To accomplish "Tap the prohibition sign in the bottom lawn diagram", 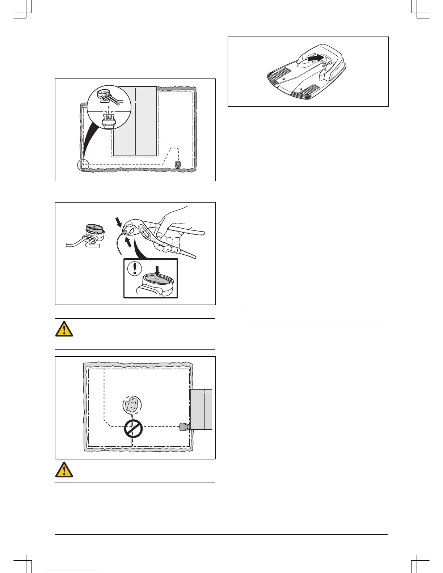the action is coord(133,429).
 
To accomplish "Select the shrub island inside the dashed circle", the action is coord(132,405).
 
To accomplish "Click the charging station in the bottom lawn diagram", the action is coord(184,426).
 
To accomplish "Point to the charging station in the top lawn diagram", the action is coord(178,165).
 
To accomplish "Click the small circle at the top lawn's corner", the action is coord(83,165).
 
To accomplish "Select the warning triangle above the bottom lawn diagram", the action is coord(64,328).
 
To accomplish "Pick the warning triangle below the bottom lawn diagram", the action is coord(64,470).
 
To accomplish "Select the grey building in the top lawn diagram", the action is coord(135,121).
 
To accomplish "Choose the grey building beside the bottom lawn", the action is coord(201,409).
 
